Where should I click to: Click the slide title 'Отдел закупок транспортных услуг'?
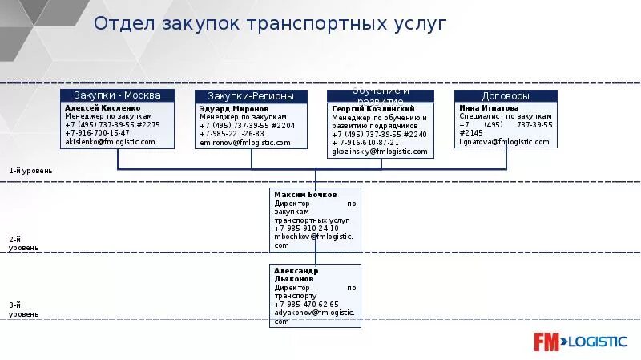click(x=269, y=23)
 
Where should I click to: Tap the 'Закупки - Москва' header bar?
click(x=118, y=95)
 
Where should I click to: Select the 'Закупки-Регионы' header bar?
click(x=251, y=96)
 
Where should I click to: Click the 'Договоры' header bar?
click(x=506, y=96)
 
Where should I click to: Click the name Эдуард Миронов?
click(x=234, y=107)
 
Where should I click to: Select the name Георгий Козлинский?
click(x=373, y=109)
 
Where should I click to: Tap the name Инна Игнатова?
click(x=489, y=107)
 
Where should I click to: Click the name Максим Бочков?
click(x=305, y=195)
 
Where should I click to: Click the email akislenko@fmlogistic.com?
click(x=110, y=142)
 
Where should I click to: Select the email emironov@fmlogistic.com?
click(x=244, y=142)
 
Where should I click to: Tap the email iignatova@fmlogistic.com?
click(x=504, y=142)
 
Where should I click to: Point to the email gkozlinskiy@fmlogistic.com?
click(x=380, y=151)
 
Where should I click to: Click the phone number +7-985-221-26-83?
click(x=232, y=133)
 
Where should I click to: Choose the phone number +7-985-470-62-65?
click(x=306, y=305)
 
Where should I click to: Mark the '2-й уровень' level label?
click(x=23, y=244)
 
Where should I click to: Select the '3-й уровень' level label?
click(x=23, y=309)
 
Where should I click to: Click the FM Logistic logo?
click(x=580, y=342)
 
